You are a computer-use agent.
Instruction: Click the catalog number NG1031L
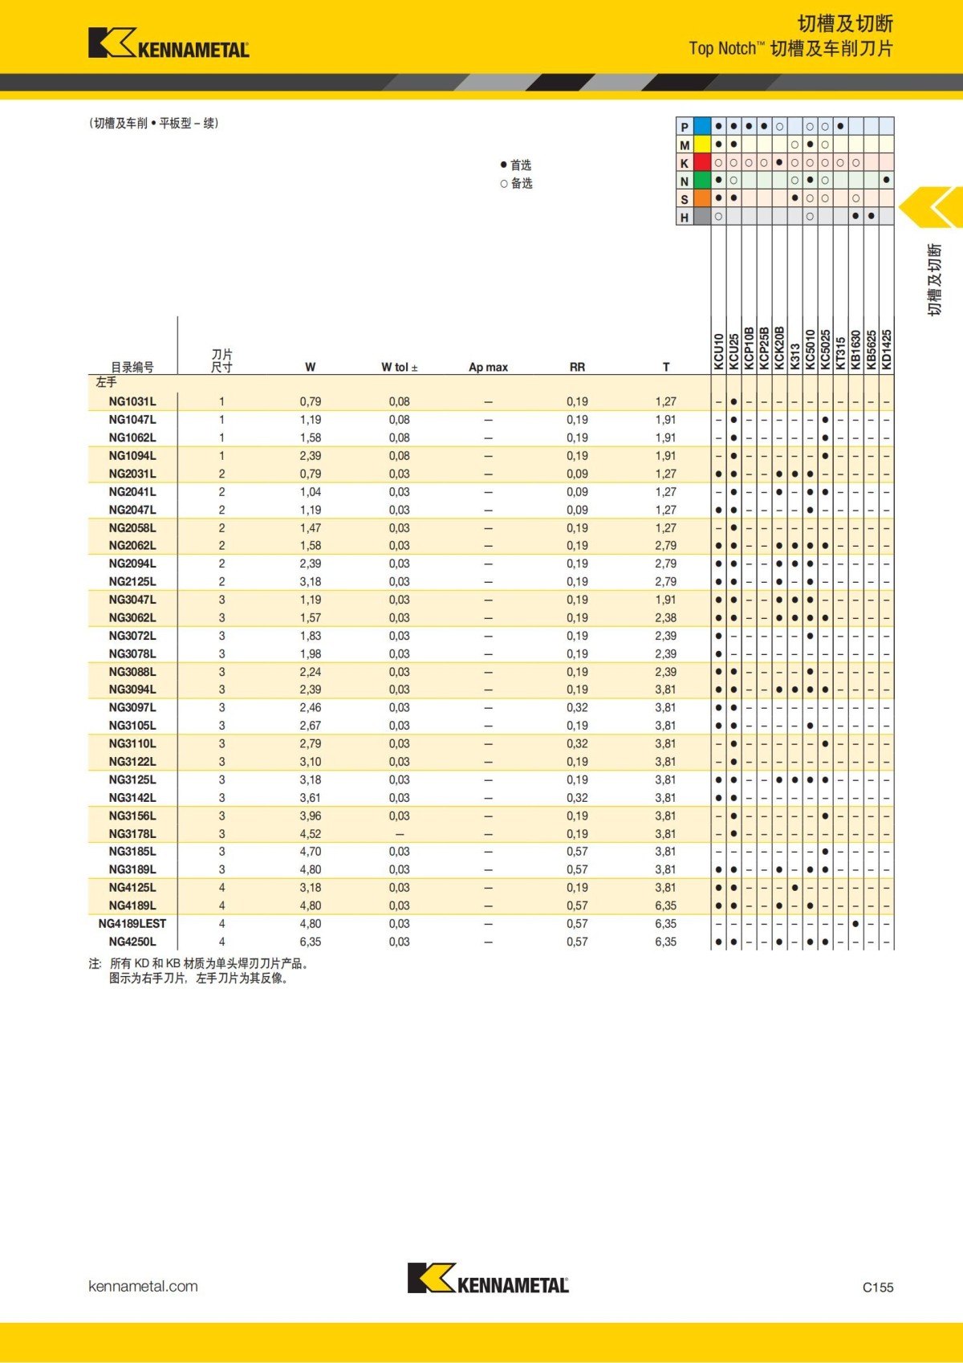pos(132,401)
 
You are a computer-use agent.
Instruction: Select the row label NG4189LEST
pos(132,924)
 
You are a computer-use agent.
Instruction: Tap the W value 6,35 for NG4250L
pos(311,942)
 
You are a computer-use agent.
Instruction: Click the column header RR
pos(577,367)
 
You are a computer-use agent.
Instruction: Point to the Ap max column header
pos(488,367)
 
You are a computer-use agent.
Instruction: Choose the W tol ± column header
pos(399,367)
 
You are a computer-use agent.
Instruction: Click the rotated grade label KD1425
pos(886,349)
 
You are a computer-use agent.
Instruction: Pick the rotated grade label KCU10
pos(718,352)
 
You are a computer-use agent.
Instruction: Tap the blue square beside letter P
pos(702,126)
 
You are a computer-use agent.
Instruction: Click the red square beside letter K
pos(702,163)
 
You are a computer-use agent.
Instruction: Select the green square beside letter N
pos(702,181)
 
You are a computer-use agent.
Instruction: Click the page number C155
pos(878,1287)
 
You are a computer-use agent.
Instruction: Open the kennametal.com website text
pos(143,1286)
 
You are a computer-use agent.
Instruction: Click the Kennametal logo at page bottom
pos(488,1278)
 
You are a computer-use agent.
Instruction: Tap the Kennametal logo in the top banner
pos(169,43)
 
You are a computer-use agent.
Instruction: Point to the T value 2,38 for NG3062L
pos(665,618)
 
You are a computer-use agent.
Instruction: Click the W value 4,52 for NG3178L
pos(311,834)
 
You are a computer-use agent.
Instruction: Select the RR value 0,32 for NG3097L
pos(577,708)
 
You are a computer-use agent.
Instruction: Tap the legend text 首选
pos(521,165)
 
